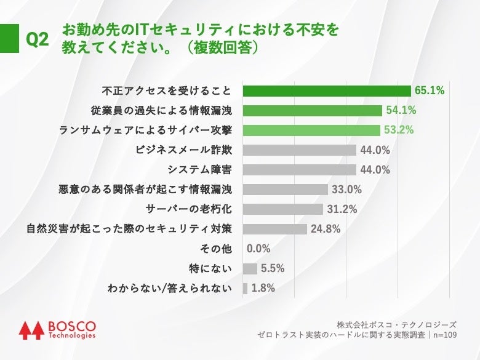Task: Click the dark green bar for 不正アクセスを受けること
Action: [x=327, y=91]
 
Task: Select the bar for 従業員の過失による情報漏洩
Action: [x=313, y=111]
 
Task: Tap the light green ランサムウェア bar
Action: [x=311, y=130]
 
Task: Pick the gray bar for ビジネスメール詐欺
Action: [x=300, y=150]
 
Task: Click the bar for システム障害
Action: [x=300, y=170]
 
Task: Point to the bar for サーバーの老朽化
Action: [x=283, y=209]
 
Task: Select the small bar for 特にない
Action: [x=250, y=268]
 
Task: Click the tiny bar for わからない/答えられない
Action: [x=245, y=288]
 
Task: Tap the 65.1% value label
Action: [x=430, y=91]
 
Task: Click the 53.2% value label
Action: [x=398, y=130]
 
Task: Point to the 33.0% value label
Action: [x=346, y=190]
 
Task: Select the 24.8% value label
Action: [x=326, y=229]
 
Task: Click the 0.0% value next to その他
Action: [x=259, y=249]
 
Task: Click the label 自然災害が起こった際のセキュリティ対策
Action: [x=129, y=229]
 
